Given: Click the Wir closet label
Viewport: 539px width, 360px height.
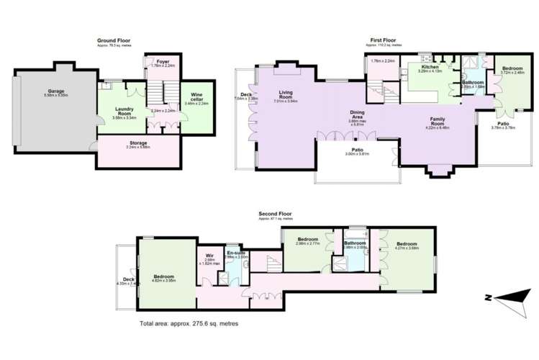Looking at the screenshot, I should (x=209, y=255).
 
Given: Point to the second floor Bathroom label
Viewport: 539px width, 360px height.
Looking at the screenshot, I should (x=355, y=243).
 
